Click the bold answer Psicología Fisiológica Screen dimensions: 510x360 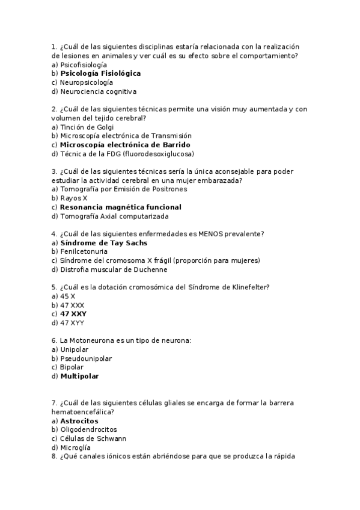pos(100,73)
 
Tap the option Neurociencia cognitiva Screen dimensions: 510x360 pos(98,92)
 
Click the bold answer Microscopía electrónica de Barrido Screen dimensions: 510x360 pos(125,145)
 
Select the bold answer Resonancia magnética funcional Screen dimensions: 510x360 pos(120,207)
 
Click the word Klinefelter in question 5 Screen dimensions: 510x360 pos(247,287)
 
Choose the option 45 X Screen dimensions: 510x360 pos(67,296)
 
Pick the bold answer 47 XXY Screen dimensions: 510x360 pos(73,314)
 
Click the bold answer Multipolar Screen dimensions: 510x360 pos(79,376)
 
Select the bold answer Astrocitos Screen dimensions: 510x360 pos(79,421)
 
